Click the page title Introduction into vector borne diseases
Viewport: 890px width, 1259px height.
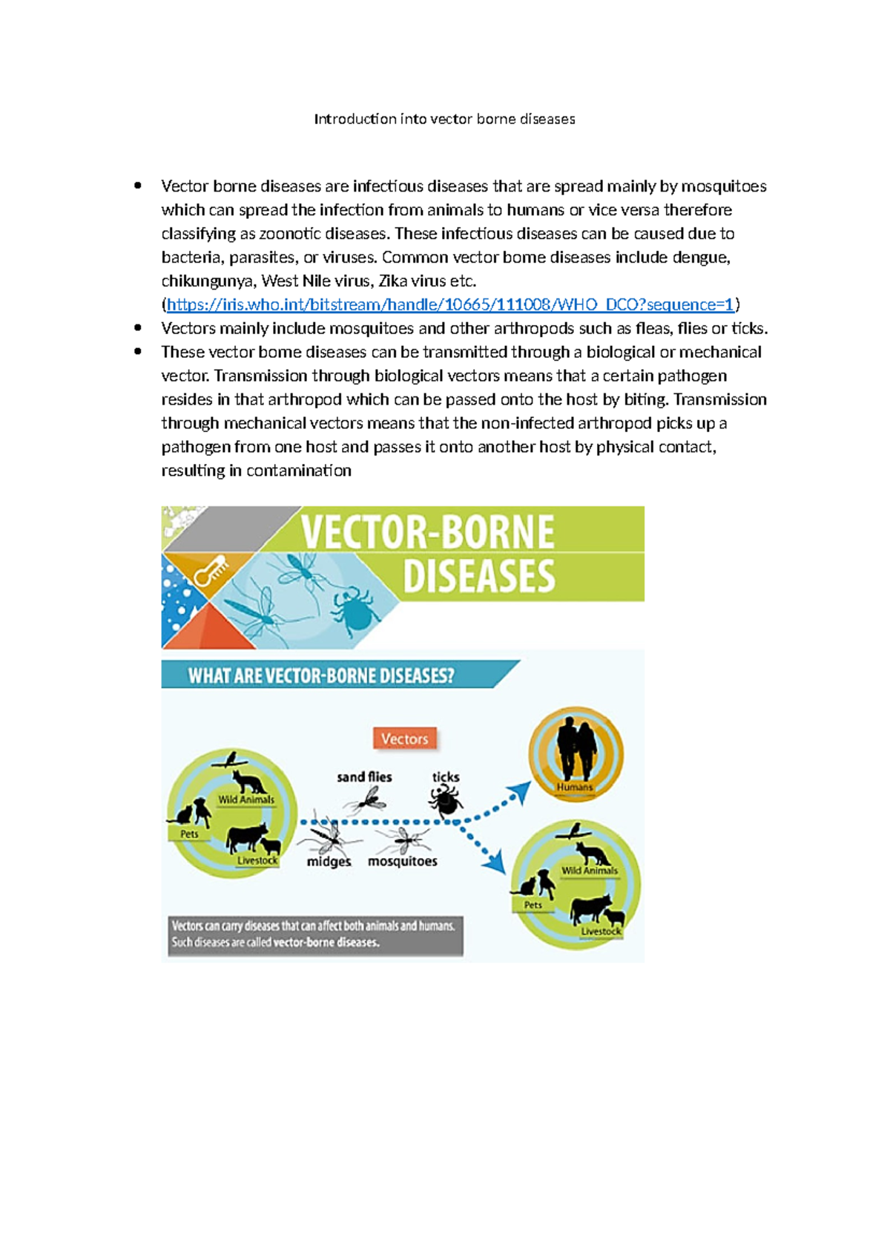coord(444,119)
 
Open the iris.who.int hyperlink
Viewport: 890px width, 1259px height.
coord(449,304)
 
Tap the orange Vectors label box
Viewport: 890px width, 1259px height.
coord(404,739)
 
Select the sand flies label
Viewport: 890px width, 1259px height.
coord(364,776)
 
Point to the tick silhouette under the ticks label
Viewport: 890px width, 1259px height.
coord(445,802)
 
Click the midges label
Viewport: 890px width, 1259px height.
coord(329,861)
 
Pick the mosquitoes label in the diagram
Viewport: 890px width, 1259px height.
coord(403,861)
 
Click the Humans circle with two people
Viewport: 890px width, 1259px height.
coord(576,753)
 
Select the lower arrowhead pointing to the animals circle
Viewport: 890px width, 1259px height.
coord(495,862)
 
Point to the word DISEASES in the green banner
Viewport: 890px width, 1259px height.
coord(478,577)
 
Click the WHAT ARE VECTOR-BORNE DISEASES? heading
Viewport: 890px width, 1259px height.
coord(320,676)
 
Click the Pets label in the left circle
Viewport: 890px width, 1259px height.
coord(189,834)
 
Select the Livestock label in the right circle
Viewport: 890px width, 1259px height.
coord(601,931)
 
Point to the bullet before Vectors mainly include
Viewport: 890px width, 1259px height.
coord(138,328)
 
